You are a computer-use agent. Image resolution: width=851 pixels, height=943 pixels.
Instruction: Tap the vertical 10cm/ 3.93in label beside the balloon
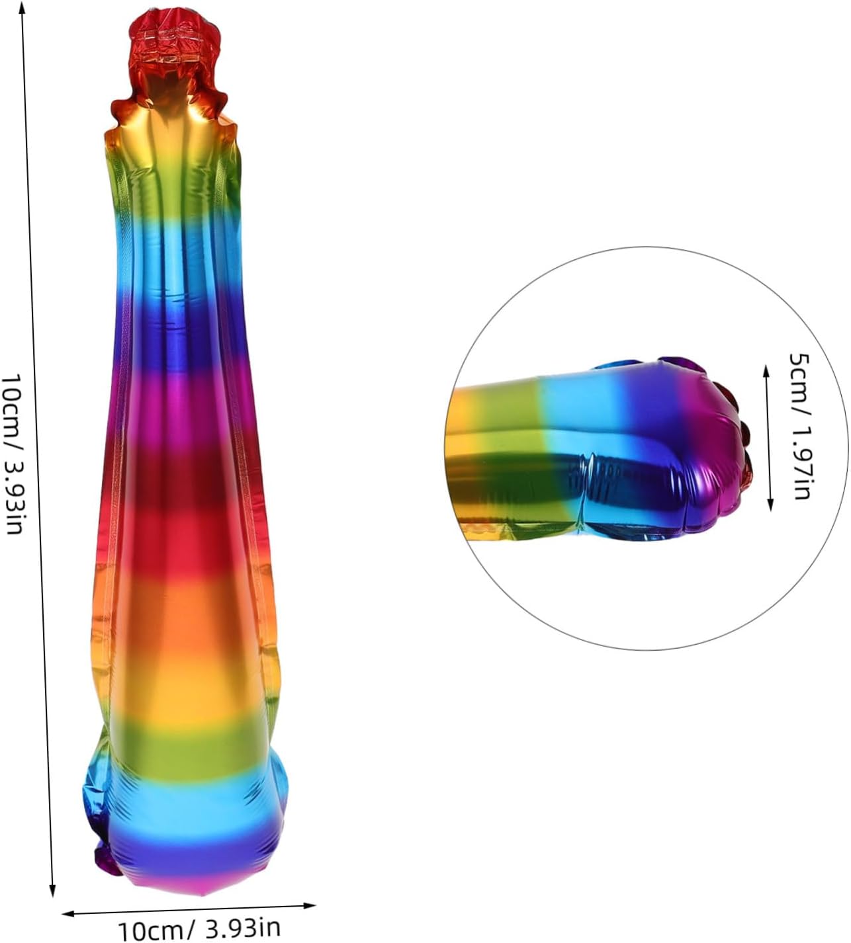click(13, 454)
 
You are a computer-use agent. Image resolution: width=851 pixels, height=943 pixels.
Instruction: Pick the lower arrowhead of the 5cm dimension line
click(770, 505)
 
